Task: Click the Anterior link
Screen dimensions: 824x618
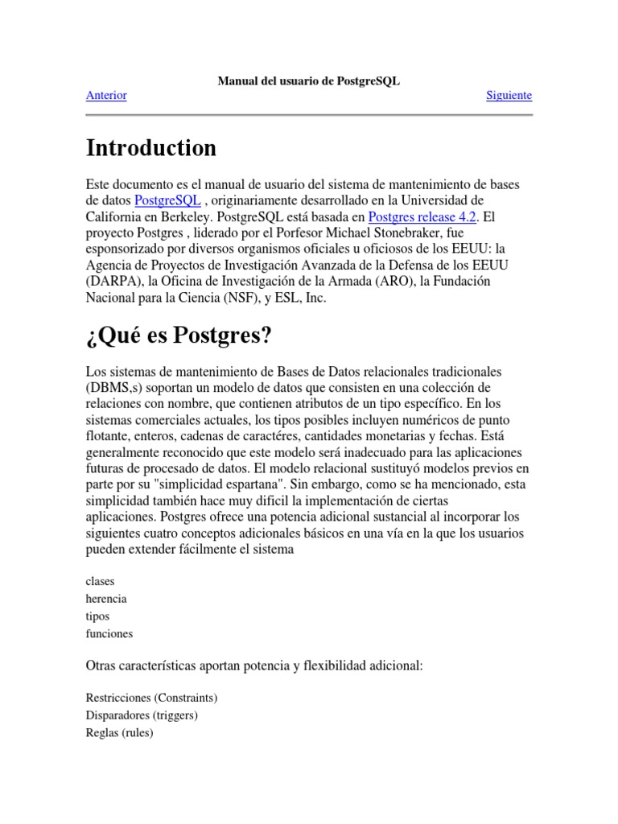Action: pos(106,96)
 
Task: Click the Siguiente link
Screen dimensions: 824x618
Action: pos(509,96)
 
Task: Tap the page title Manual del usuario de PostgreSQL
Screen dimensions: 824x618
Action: pos(309,81)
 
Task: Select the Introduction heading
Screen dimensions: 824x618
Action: pos(150,148)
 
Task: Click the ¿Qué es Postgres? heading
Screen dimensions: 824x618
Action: pos(179,336)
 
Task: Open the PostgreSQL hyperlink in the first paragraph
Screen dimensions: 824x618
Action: pos(167,200)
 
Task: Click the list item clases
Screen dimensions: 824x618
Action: pos(101,581)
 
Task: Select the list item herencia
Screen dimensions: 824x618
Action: pos(106,599)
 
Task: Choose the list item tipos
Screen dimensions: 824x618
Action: pos(98,616)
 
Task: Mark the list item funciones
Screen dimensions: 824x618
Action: pos(109,634)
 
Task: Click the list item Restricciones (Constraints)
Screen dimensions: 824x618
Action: pos(151,698)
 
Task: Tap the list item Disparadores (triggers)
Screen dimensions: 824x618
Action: pos(142,715)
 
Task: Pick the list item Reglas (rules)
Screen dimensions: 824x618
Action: pos(119,733)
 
